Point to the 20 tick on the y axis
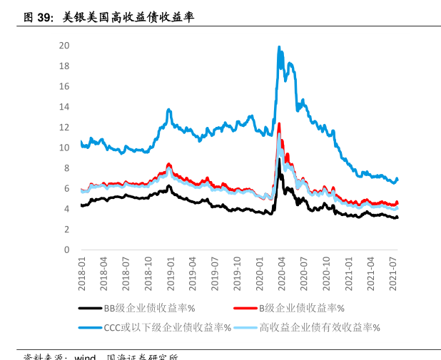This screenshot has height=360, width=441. coord(64,45)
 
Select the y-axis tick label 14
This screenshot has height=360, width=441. coord(64,107)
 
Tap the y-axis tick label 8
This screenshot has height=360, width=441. coord(66,168)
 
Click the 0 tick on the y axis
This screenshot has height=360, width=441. coord(66,250)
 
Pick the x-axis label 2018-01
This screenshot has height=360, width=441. coord(81,273)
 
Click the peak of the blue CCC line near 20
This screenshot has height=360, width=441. coord(279,48)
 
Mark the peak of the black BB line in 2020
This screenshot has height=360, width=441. coord(280,160)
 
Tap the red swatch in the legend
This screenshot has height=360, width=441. coord(245,309)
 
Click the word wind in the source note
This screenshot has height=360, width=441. coord(85,357)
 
